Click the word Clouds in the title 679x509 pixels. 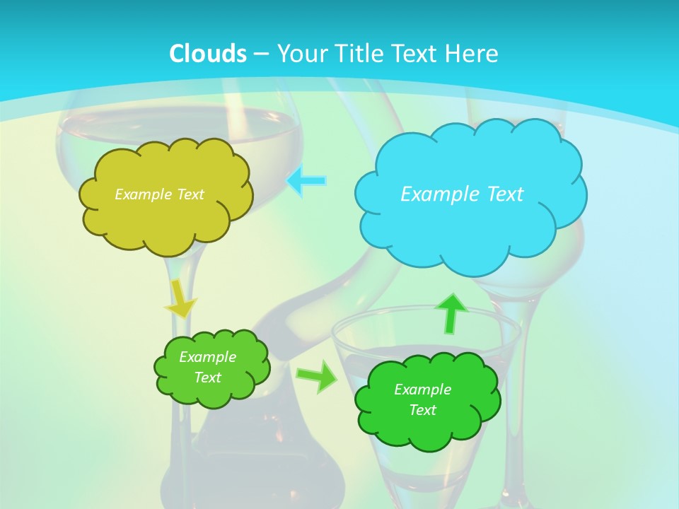click(x=208, y=54)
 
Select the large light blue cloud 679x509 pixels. click(x=470, y=226)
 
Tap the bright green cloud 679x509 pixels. click(x=427, y=428)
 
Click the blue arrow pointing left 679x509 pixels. click(x=306, y=181)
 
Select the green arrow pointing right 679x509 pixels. click(x=317, y=377)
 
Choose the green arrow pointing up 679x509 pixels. click(x=451, y=312)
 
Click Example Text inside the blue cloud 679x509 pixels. click(x=462, y=194)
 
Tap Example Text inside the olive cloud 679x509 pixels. click(x=159, y=194)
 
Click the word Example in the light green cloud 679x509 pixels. click(x=207, y=357)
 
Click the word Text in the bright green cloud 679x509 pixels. click(x=422, y=410)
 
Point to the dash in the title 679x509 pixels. click(x=260, y=54)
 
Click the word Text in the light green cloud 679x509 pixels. click(x=207, y=378)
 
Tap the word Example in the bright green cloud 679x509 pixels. click(x=422, y=390)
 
